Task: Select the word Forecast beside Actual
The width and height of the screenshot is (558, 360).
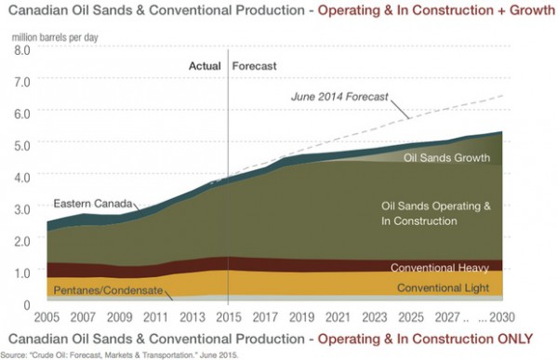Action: [x=256, y=67]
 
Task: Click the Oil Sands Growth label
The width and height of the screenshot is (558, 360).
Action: [x=445, y=158]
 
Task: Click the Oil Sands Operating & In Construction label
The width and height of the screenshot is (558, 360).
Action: [x=435, y=213]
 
